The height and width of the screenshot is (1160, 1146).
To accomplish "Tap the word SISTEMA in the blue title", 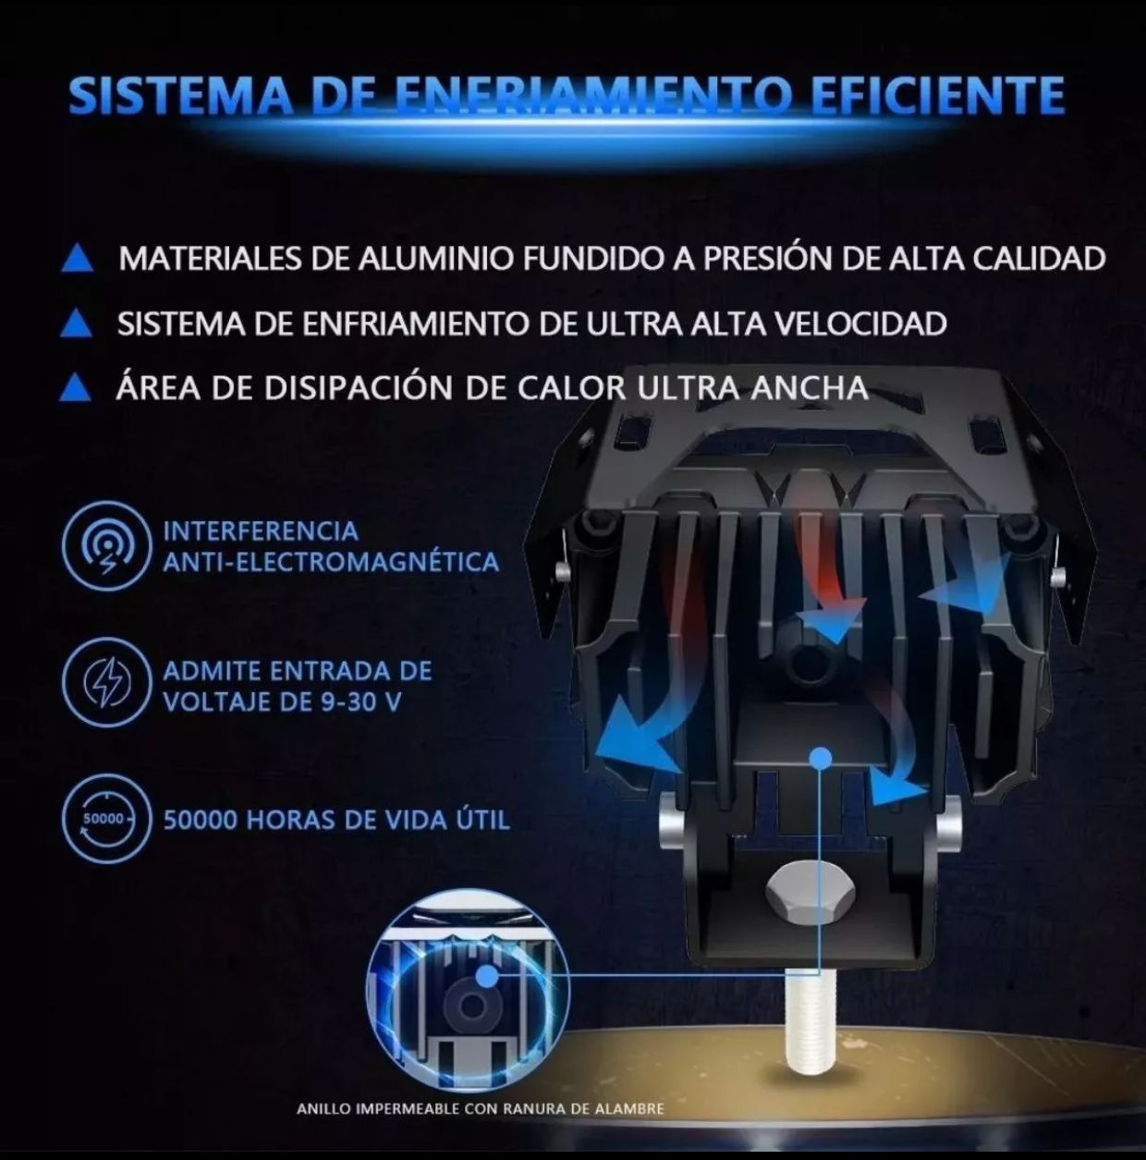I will (x=181, y=95).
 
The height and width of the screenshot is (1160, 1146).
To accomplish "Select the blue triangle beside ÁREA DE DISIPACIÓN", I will (x=76, y=387).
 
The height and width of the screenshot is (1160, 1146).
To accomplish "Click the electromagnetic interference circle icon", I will (x=105, y=546).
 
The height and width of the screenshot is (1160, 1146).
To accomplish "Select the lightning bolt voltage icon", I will (x=105, y=682).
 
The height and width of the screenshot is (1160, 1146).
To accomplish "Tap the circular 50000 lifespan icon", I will (x=105, y=819).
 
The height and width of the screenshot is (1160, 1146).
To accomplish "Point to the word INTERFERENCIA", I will (x=261, y=531).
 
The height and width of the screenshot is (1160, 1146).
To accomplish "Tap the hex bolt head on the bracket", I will (x=802, y=893).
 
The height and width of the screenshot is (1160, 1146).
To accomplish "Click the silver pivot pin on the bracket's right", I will (x=948, y=825).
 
